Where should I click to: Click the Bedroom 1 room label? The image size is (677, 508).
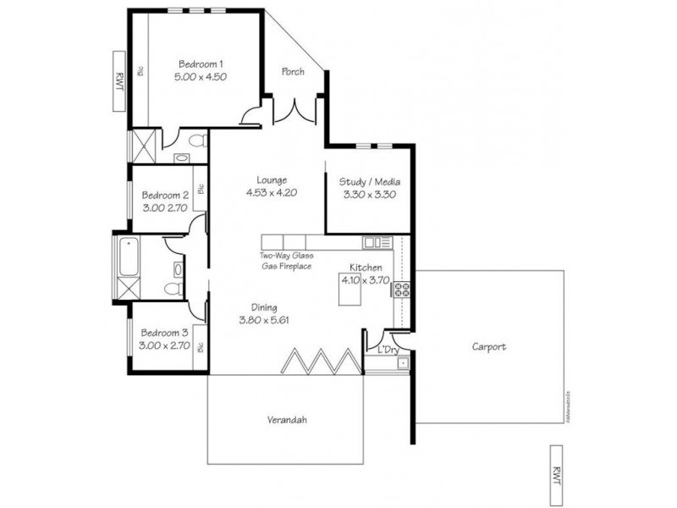(x=201, y=63)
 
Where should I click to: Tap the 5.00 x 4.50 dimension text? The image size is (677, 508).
(x=201, y=76)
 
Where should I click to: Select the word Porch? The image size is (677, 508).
(x=293, y=72)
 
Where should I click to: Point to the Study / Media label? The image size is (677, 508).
(x=369, y=182)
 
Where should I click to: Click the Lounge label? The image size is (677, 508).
(x=272, y=179)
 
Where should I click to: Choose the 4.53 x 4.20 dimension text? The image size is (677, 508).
(x=272, y=193)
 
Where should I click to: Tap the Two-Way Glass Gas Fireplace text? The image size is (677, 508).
(x=286, y=260)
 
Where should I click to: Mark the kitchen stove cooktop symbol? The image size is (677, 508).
(x=401, y=290)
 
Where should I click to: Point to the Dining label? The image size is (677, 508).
(x=265, y=307)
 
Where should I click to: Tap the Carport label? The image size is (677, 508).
(x=489, y=347)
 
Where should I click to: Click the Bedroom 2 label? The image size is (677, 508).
(x=165, y=194)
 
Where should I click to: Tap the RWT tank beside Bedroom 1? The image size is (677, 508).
(x=119, y=80)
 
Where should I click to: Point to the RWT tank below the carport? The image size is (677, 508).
(x=556, y=477)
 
